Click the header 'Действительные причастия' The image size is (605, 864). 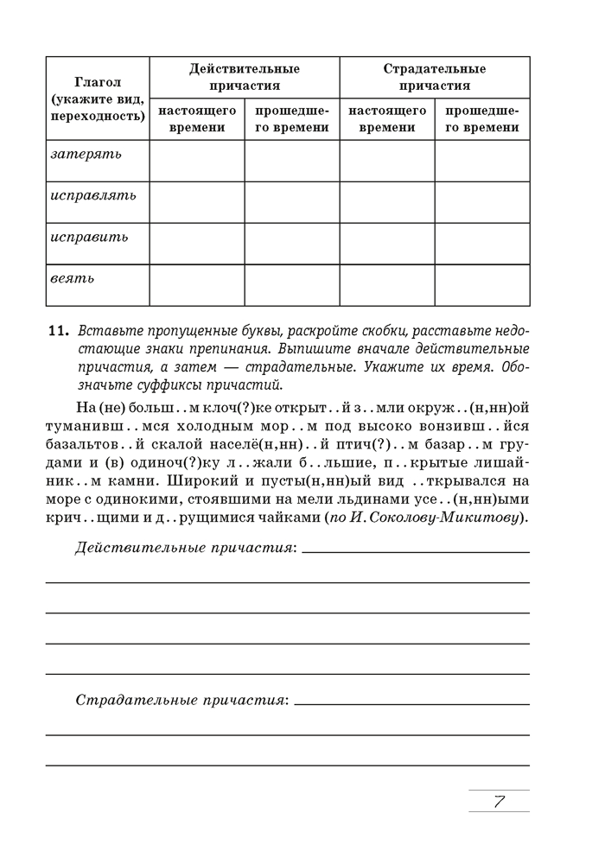click(x=245, y=77)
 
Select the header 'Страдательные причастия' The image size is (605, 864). click(x=435, y=77)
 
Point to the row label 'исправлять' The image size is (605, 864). click(x=93, y=195)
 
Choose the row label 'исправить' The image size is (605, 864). click(x=90, y=237)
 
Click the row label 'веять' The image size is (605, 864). click(x=73, y=278)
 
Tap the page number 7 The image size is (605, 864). click(x=500, y=801)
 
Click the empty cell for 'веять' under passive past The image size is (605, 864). click(x=482, y=285)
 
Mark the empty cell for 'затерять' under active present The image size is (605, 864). click(x=197, y=161)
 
